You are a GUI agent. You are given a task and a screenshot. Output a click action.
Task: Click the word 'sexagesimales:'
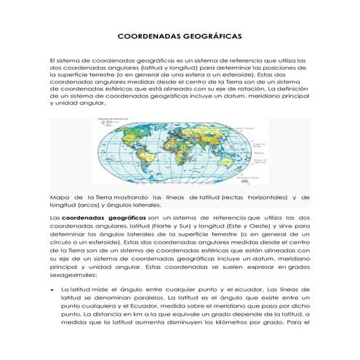(x=73, y=276)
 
